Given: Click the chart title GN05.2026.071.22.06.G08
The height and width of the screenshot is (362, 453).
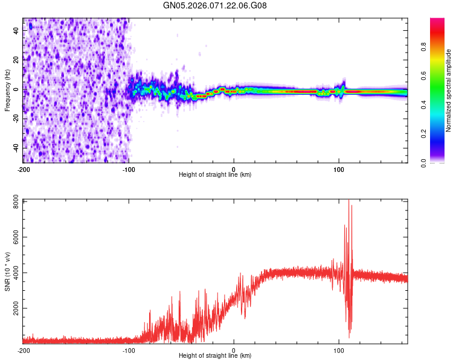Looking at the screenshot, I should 215,5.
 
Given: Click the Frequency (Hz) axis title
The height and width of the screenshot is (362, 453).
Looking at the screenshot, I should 7,90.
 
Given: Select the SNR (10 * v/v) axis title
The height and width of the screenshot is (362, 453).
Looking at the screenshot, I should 7,271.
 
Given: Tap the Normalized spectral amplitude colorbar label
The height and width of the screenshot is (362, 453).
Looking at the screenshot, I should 449,90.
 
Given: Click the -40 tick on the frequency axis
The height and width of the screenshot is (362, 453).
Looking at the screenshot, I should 16,148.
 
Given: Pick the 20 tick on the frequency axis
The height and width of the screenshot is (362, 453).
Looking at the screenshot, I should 17,60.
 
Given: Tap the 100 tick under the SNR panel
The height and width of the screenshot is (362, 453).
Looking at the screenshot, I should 339,350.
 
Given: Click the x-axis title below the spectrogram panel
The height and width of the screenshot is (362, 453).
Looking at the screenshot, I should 215,175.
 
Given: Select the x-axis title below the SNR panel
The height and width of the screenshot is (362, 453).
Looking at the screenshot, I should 215,356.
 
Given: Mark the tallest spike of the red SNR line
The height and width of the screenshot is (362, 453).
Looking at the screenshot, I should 348,200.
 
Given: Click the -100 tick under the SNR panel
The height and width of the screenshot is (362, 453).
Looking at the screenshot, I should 129,350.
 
